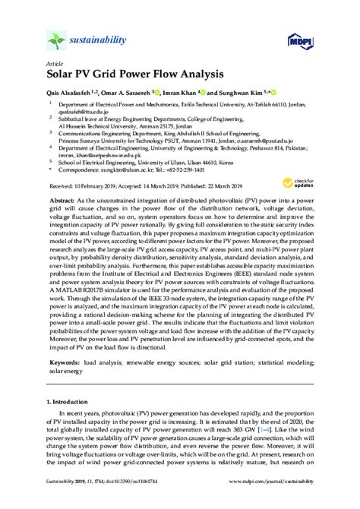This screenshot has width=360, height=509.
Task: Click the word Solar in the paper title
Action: click(x=63, y=75)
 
